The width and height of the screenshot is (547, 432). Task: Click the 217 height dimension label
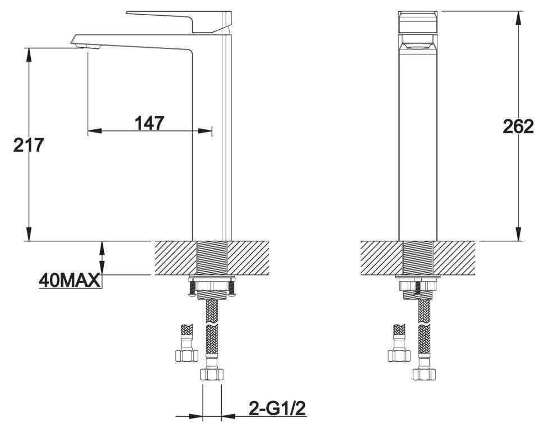[29, 145]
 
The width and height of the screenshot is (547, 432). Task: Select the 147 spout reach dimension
[149, 123]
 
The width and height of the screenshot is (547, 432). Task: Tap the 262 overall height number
[518, 126]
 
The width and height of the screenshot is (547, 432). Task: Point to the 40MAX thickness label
[70, 280]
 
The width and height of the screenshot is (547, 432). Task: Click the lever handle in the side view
[179, 21]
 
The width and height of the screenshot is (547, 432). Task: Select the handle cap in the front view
[418, 22]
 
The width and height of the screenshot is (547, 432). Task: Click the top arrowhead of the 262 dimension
[518, 17]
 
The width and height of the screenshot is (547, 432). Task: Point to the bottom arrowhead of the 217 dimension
[29, 234]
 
